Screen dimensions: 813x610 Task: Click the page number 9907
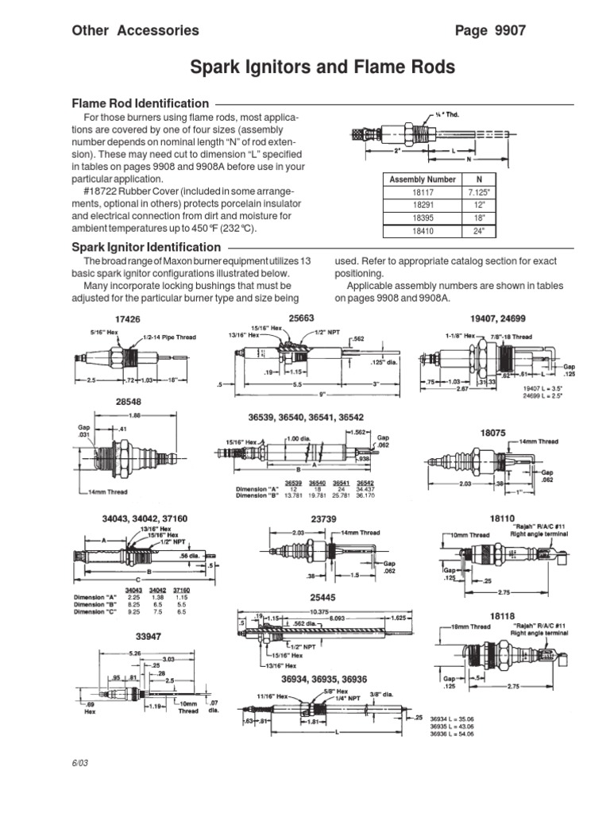[x=490, y=30]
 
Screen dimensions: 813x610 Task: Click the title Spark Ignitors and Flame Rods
[x=322, y=67]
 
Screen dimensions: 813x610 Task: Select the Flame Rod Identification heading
[x=141, y=103]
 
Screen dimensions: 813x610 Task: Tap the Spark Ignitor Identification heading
[x=146, y=247]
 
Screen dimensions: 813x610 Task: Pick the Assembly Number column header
[x=423, y=179]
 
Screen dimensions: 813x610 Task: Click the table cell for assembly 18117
[x=423, y=193]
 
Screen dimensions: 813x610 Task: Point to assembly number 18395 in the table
[x=423, y=219]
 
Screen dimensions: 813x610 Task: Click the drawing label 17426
[x=118, y=319]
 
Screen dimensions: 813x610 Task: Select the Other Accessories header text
[x=136, y=30]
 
